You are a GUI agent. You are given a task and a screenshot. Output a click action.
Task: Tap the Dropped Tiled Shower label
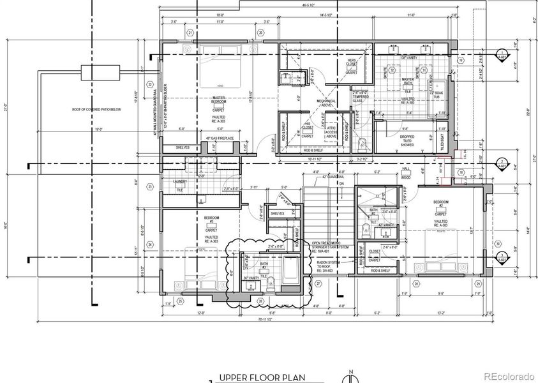[407, 140]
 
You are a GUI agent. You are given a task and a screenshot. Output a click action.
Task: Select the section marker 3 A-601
[502, 259]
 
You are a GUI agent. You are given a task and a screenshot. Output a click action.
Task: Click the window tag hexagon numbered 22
[150, 84]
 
